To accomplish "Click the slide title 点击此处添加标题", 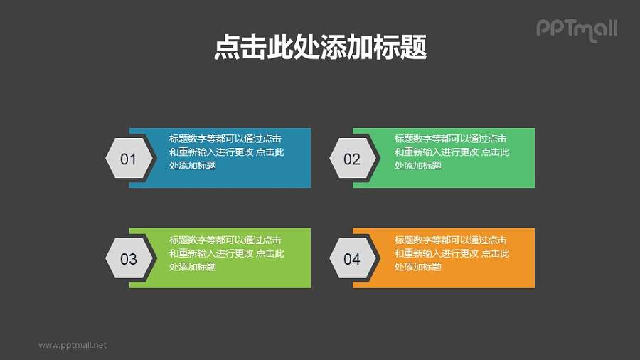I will [x=320, y=49].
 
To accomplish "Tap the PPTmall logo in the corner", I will [x=576, y=29].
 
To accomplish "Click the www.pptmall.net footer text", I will [x=73, y=345].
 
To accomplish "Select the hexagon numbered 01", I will [x=128, y=159].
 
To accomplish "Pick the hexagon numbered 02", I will [x=352, y=159].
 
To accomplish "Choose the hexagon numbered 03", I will [x=128, y=258].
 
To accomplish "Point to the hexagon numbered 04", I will [x=352, y=258].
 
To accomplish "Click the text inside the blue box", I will [x=226, y=152].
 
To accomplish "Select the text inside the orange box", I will [x=452, y=253].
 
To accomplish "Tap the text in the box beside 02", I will [x=452, y=152].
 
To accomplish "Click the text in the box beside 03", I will [x=226, y=253].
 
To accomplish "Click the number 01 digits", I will [x=128, y=159].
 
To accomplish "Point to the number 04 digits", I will [x=352, y=259].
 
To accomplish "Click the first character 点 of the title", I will [x=226, y=49].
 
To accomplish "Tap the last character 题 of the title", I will [x=414, y=49].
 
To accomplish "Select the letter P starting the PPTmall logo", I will [x=542, y=28].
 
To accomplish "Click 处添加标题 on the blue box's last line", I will [x=193, y=166].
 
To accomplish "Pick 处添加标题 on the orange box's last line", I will [x=418, y=267].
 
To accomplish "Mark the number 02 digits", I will [x=352, y=159].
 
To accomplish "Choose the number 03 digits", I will [x=128, y=259].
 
